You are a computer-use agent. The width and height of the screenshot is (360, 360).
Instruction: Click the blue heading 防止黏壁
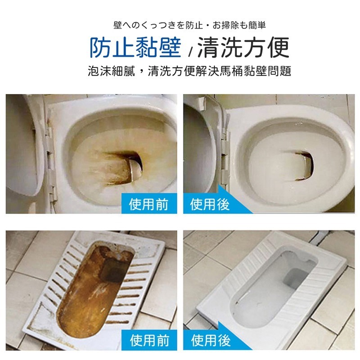pos(135,47)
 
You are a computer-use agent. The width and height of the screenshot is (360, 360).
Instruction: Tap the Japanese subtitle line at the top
pos(180,25)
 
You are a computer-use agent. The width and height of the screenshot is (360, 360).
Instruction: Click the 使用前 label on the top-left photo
pos(148,204)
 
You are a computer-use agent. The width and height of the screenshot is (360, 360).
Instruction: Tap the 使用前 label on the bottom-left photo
pos(148,340)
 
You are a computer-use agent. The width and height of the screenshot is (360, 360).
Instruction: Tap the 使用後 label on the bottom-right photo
pos(210,340)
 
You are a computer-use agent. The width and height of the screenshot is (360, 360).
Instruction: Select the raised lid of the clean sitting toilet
pos(198,144)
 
